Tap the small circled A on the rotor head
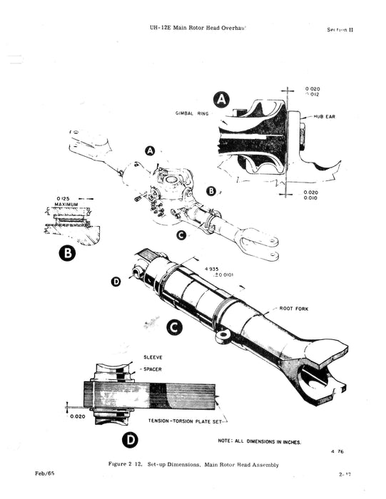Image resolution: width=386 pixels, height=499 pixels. click(x=150, y=151)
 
